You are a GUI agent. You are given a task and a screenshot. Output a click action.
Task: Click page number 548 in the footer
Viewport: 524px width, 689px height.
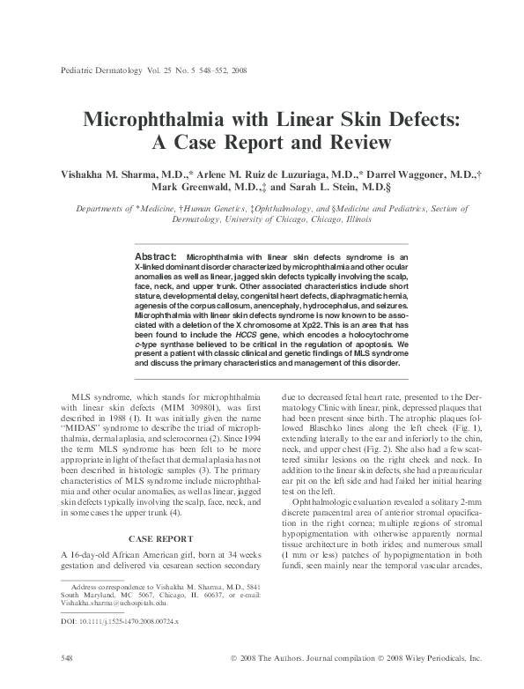tap(65, 657)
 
